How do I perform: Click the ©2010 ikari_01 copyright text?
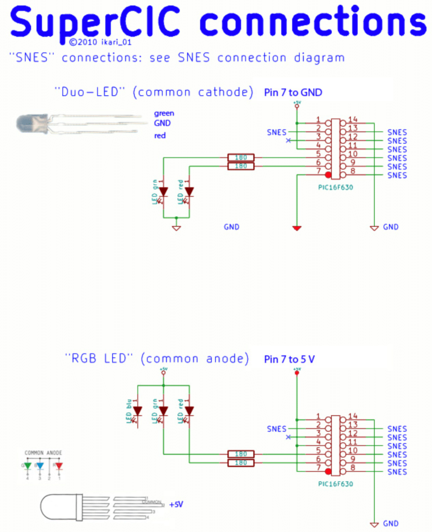point(98,42)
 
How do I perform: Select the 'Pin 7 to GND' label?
point(293,92)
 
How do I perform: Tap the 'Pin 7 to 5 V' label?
point(289,359)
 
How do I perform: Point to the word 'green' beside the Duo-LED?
point(164,113)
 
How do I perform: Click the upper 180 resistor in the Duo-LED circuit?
point(240,157)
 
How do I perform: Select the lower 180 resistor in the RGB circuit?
point(240,462)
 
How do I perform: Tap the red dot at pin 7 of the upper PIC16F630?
point(328,175)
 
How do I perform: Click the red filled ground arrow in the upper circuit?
point(297,228)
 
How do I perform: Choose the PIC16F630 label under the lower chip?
point(335,483)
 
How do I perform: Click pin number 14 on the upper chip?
point(353,119)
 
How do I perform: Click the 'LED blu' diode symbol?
point(137,411)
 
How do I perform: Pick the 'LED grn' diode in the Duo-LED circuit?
point(163,191)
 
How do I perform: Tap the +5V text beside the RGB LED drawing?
point(176,503)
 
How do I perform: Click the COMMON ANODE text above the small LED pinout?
point(44,453)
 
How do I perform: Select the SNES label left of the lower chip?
point(276,429)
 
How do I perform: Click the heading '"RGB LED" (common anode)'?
point(157,358)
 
